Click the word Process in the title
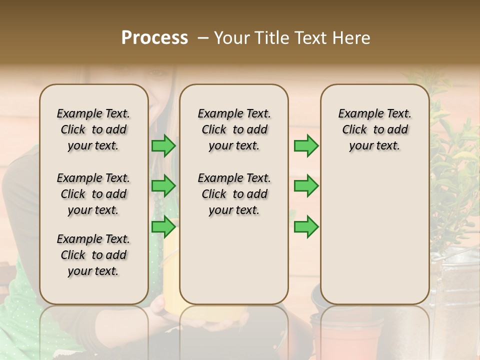pos(154,38)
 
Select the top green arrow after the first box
pos(163,145)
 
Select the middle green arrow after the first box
pos(163,186)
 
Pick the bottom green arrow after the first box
pos(163,227)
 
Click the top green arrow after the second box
pos(306,145)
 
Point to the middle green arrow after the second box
pos(306,186)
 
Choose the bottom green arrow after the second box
pos(306,227)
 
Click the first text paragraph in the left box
pos(93,129)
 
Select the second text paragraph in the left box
pos(93,194)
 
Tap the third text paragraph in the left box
pos(93,255)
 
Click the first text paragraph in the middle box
pos(234,129)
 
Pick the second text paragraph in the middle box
pos(234,194)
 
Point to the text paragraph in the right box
pos(374,129)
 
